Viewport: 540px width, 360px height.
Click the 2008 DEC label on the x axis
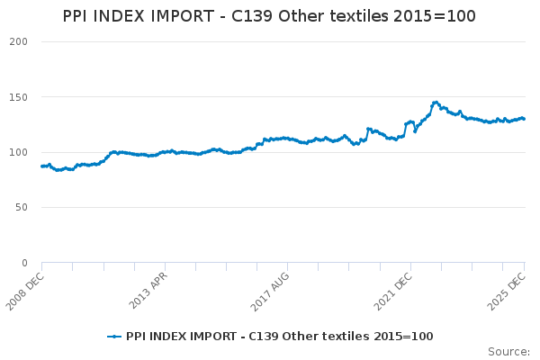pos(24,288)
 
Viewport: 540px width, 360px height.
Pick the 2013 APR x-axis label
pos(148,288)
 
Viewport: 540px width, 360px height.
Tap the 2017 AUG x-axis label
pos(270,288)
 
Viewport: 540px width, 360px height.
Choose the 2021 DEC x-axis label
pos(393,288)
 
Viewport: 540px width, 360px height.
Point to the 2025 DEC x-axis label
pos(508,288)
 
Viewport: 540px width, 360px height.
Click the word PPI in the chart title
pos(79,16)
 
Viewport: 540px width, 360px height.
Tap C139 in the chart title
pos(268,16)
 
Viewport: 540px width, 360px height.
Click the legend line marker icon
pos(114,337)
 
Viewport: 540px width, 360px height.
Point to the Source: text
pos(508,351)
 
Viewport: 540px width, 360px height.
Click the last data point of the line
pos(525,119)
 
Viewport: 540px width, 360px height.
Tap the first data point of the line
pos(42,166)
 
